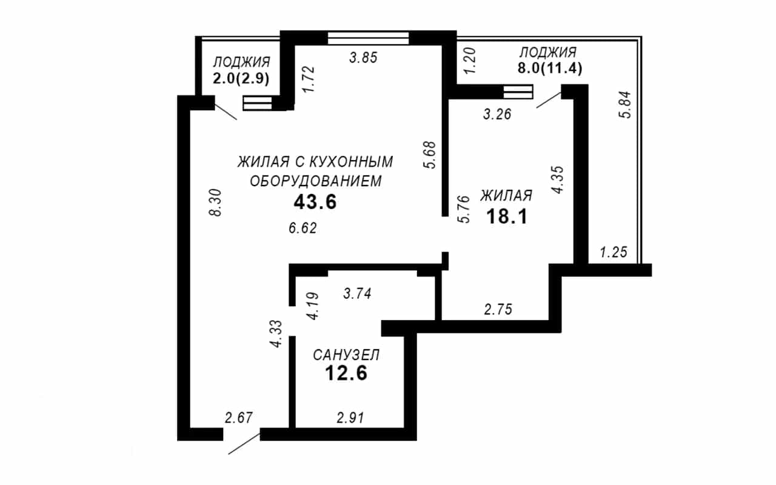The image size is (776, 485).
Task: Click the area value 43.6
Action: pyautogui.click(x=315, y=202)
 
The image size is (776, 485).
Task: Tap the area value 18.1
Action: pyautogui.click(x=507, y=217)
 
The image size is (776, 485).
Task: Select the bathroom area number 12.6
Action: pyautogui.click(x=346, y=373)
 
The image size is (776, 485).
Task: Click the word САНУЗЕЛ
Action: pyautogui.click(x=346, y=355)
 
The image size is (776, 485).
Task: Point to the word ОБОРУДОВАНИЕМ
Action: pyautogui.click(x=316, y=181)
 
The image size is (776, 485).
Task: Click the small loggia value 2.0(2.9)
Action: pyautogui.click(x=241, y=79)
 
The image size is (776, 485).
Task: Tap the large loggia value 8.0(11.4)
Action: pyautogui.click(x=550, y=69)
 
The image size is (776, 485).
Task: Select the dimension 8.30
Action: pyautogui.click(x=215, y=202)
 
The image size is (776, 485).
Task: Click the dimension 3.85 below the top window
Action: pyautogui.click(x=363, y=58)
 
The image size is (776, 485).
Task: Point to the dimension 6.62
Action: pyautogui.click(x=303, y=229)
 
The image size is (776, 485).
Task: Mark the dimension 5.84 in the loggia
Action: pyautogui.click(x=626, y=105)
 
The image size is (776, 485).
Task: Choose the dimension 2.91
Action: pyautogui.click(x=350, y=418)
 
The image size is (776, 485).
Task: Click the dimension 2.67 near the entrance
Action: pyautogui.click(x=239, y=418)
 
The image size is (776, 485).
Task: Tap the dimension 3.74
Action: pyautogui.click(x=357, y=294)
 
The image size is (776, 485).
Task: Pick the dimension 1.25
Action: pyautogui.click(x=614, y=252)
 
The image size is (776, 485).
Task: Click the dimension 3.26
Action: pyautogui.click(x=497, y=114)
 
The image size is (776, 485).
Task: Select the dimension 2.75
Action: pyautogui.click(x=498, y=309)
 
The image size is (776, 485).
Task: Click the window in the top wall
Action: pyautogui.click(x=368, y=38)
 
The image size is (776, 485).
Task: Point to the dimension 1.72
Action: pyautogui.click(x=309, y=79)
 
